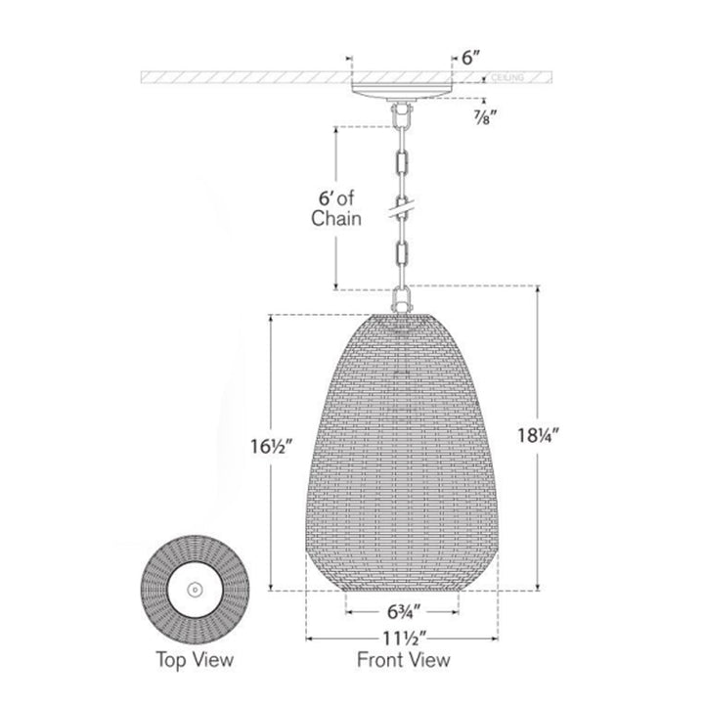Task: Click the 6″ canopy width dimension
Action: pos(471,58)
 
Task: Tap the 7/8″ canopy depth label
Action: pos(485,117)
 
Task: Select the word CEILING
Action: pos(507,77)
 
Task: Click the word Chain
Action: pos(335,219)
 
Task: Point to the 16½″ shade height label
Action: pos(271,447)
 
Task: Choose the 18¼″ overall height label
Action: pos(539,435)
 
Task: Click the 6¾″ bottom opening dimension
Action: pos(404,611)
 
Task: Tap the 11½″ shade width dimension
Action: pos(404,638)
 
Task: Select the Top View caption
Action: pos(195,660)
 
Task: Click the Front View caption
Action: pos(403,660)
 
